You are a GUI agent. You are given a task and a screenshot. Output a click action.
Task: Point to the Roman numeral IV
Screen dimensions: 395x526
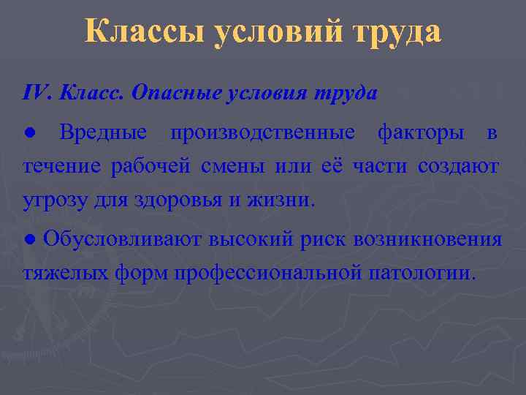pos(35,94)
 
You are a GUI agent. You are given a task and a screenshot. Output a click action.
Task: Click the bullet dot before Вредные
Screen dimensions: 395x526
pos(28,134)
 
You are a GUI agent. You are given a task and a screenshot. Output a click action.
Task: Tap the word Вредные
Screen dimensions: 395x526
pos(104,133)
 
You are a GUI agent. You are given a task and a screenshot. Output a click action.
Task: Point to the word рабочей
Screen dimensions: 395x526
pos(145,167)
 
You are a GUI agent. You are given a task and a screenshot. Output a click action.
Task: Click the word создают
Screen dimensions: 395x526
pos(459,167)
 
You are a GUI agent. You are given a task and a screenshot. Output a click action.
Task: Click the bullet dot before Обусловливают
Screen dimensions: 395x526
pos(28,240)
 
